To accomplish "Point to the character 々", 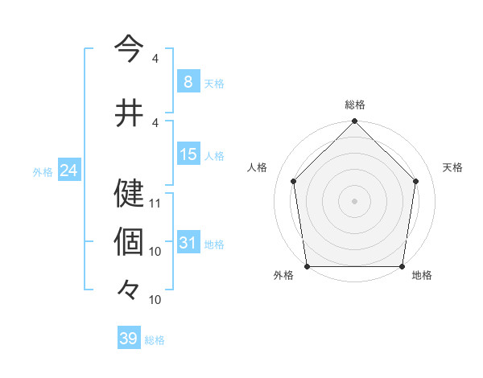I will point(130,288).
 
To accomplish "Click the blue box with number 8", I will point(188,82).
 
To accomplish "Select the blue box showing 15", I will point(188,154).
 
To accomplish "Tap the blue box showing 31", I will point(188,243).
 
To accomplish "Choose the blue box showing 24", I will point(69,171).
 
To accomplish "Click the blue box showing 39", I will point(128,339).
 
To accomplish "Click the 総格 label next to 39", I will point(155,340).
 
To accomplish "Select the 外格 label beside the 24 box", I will point(43,171).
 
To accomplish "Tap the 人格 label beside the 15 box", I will point(214,155).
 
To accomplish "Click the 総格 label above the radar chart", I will point(355,105).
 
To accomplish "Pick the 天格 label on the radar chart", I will point(452,167).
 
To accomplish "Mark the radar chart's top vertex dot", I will point(355,122).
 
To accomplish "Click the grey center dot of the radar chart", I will point(355,200).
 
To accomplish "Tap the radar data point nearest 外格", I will point(307,266).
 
